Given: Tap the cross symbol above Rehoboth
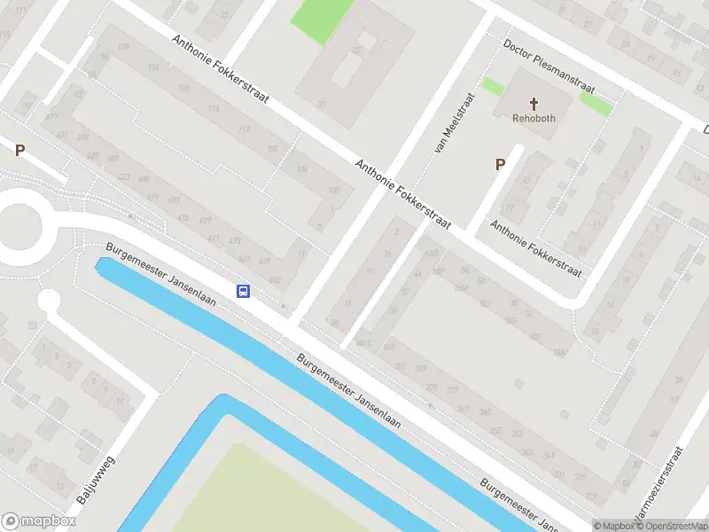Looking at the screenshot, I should [x=534, y=103].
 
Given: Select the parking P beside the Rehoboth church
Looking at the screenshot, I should [x=500, y=164].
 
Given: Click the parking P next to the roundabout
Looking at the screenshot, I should [x=19, y=151].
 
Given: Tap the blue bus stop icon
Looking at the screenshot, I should [x=242, y=290].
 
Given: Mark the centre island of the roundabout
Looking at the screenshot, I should [x=16, y=224].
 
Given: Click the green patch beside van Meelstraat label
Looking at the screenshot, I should [x=492, y=86].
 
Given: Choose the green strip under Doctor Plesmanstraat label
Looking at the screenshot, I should [x=596, y=101].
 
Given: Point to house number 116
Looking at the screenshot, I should [x=214, y=109].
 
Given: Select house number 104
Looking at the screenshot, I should [x=303, y=168].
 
